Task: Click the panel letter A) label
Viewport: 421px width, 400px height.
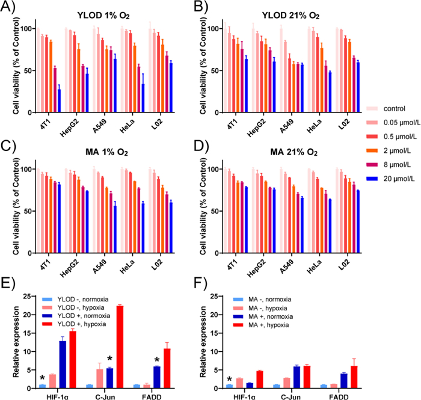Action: click(x=10, y=8)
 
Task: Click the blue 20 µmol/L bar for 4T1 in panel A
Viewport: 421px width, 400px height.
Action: click(x=59, y=100)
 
